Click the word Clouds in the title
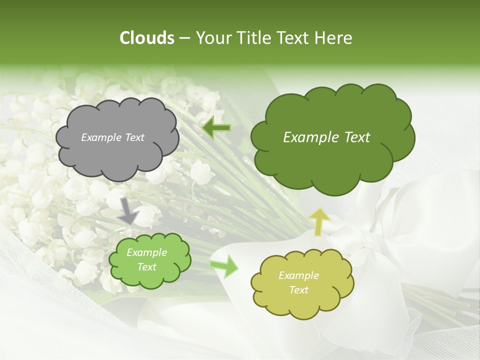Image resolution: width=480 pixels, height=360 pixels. pyautogui.click(x=146, y=38)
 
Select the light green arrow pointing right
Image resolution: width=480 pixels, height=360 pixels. pyautogui.click(x=224, y=266)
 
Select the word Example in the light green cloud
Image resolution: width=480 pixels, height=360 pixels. pyautogui.click(x=146, y=252)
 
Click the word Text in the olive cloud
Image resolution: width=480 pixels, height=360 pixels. pyautogui.click(x=298, y=290)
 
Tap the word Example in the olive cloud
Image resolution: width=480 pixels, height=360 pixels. pyautogui.click(x=298, y=275)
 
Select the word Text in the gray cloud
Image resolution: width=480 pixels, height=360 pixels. pyautogui.click(x=134, y=137)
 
